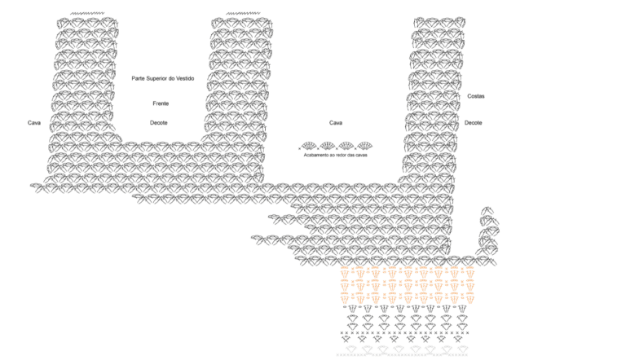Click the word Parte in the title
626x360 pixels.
(138, 79)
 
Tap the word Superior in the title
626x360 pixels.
(156, 79)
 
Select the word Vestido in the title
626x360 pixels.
(185, 79)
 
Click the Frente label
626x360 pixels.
(161, 103)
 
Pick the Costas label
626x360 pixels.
(476, 96)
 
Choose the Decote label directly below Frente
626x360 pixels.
(158, 123)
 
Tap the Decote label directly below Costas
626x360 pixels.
(473, 123)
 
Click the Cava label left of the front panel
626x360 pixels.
(34, 123)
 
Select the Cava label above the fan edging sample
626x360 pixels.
(335, 123)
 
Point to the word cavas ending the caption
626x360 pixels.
(361, 155)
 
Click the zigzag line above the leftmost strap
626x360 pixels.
(87, 14)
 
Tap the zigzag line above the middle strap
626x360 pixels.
(243, 14)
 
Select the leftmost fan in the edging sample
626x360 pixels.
(309, 145)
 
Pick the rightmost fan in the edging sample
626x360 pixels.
(364, 145)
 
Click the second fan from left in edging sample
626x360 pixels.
(328, 145)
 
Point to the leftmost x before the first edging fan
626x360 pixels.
(299, 149)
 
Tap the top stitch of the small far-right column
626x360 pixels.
(487, 211)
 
